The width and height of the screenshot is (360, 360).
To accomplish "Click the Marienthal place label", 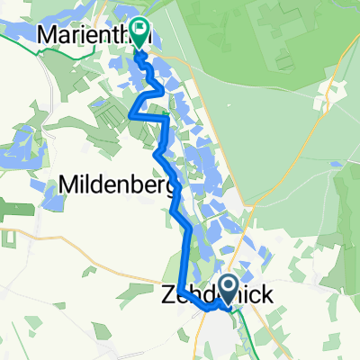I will [85, 34].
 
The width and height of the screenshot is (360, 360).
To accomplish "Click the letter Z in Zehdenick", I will [167, 294].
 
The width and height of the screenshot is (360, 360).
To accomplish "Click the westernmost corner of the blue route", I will [132, 116].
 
